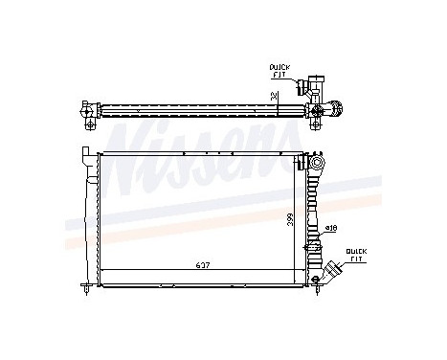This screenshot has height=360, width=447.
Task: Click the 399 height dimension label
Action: pos(288,218)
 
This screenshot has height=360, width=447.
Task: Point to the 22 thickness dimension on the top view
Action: pos(276,95)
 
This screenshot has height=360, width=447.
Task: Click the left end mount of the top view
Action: pos(89,111)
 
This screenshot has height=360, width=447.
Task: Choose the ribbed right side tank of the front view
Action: pos(316,215)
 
